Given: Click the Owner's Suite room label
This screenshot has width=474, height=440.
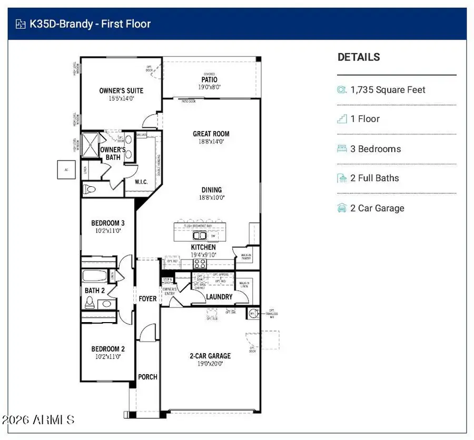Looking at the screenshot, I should click(121, 91).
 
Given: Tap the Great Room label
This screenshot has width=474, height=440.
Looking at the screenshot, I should click(211, 134).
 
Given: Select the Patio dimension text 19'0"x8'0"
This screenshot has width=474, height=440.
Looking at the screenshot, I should click(209, 87).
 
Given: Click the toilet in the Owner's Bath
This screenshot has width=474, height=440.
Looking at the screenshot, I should click(90, 188).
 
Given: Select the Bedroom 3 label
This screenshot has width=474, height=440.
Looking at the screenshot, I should click(107, 223).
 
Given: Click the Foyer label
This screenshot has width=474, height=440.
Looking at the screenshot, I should click(147, 298).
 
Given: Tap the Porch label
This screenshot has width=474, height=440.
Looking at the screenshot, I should click(147, 377).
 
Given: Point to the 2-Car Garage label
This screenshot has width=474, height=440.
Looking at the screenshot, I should click(210, 356).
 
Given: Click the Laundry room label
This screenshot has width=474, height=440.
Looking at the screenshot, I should click(219, 297).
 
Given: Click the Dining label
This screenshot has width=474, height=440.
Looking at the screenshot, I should click(211, 190).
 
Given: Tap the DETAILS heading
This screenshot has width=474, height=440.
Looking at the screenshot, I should click(359, 57).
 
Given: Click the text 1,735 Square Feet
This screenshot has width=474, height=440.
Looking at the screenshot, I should click(388, 90).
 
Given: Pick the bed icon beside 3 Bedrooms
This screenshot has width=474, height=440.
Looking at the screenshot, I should click(342, 149).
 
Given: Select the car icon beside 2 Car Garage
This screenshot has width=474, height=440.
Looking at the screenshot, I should click(342, 208).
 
